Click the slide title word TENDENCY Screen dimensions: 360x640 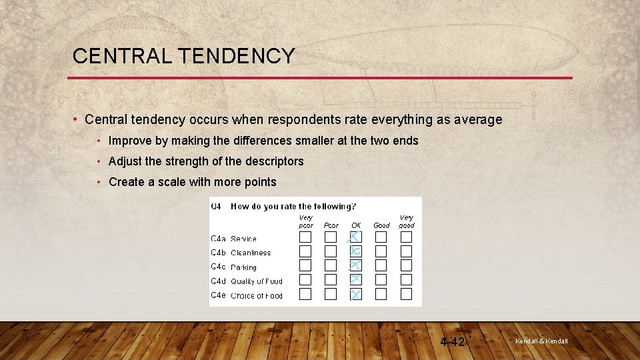coord(237,57)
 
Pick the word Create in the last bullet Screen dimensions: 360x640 coord(125,182)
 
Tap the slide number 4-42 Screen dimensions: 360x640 coord(453,342)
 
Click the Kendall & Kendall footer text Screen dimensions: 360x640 coord(541,341)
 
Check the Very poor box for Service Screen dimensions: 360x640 coord(305,237)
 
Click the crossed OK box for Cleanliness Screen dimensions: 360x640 coord(356,251)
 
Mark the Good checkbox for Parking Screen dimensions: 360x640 coord(381,265)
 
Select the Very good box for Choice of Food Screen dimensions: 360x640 coord(406,294)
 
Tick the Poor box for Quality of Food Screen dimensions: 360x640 coord(331,280)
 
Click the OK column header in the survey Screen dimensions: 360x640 coord(356,225)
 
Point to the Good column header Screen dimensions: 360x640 coord(381,225)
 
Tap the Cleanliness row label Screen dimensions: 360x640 coord(251,253)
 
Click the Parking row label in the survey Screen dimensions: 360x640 coord(243,267)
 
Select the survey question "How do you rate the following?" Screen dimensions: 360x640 coord(293,207)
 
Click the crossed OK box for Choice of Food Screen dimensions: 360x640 coord(356,294)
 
